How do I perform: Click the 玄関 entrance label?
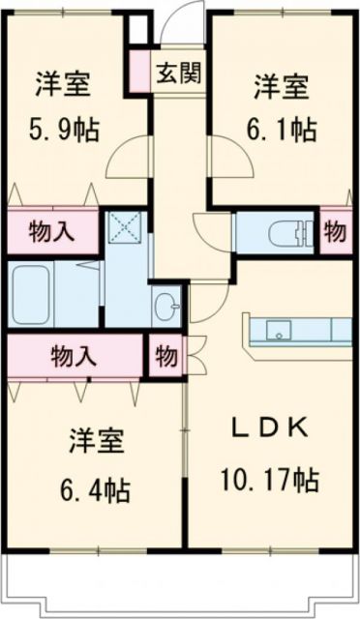pos(181,74)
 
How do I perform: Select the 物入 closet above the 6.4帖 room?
pos(74,355)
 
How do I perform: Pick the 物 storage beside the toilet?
pos(335,232)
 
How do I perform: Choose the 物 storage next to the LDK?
pos(165,356)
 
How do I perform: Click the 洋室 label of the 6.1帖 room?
pos(282,85)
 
